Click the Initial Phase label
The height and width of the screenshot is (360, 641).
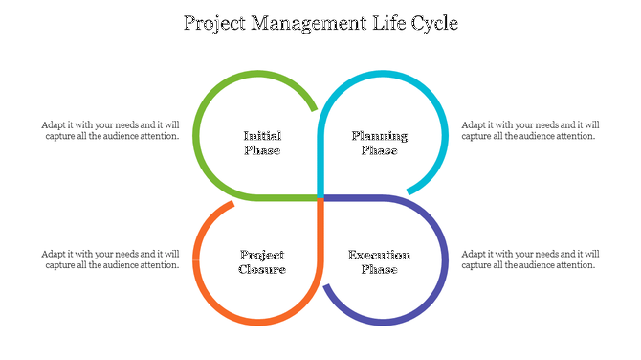pyautogui.click(x=262, y=143)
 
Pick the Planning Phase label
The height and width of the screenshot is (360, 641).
pyautogui.click(x=379, y=143)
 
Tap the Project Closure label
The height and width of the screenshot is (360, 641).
pyautogui.click(x=262, y=261)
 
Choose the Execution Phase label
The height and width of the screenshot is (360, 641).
pyautogui.click(x=379, y=261)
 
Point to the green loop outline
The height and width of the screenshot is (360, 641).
pyautogui.click(x=195, y=134)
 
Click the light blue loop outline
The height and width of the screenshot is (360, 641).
pyautogui.click(x=446, y=134)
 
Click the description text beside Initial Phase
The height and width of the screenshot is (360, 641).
pyautogui.click(x=110, y=130)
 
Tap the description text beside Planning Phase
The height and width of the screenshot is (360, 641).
pyautogui.click(x=530, y=130)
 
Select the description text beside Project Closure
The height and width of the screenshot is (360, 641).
pyautogui.click(x=110, y=259)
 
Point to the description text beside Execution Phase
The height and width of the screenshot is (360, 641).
pyautogui.click(x=530, y=259)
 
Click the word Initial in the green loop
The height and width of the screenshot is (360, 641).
pyautogui.click(x=262, y=136)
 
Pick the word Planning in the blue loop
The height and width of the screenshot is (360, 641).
pyautogui.click(x=379, y=136)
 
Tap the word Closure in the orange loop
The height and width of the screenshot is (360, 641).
pyautogui.click(x=262, y=269)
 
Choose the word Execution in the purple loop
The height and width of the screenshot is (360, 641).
pyautogui.click(x=379, y=255)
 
